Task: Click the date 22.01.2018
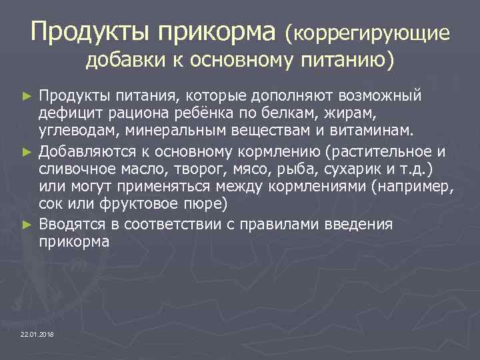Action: pos(37,333)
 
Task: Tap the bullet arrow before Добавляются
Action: pos(27,151)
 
